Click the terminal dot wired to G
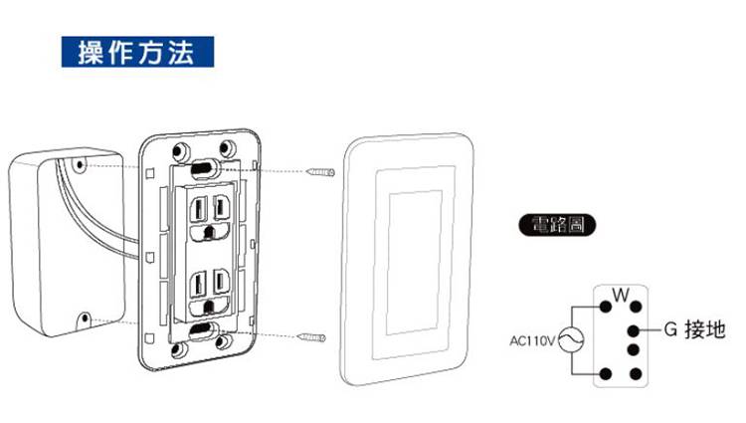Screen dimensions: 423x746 pyautogui.click(x=634, y=329)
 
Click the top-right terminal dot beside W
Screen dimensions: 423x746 pyautogui.click(x=634, y=308)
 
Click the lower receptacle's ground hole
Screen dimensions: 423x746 pyautogui.click(x=207, y=304)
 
